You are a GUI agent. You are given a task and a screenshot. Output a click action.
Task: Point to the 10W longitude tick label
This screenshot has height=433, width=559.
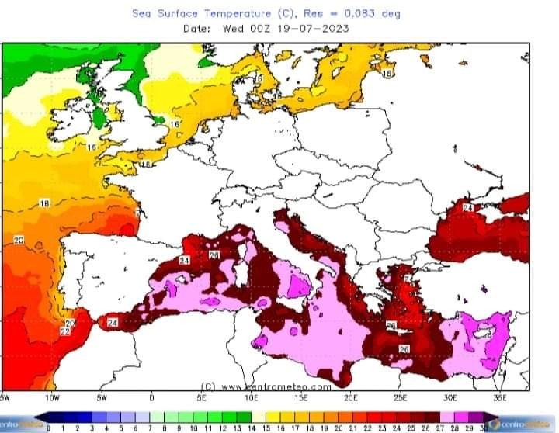52,397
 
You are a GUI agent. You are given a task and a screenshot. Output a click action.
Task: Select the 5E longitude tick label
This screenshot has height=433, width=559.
202,397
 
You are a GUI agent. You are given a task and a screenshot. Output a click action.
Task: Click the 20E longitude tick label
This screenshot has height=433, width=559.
350,397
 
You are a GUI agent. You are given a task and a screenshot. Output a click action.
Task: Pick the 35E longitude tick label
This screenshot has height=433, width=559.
498,397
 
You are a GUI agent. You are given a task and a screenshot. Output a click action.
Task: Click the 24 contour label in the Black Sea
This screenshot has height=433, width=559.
468,208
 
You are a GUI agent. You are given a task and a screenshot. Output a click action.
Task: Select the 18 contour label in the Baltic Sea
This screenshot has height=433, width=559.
387,73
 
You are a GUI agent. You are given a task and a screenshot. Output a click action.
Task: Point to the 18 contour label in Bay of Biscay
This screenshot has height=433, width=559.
44,203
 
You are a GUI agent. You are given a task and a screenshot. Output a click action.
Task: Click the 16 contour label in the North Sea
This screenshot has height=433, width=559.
175,124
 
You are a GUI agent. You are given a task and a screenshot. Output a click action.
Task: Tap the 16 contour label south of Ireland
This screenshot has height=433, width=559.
92,147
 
